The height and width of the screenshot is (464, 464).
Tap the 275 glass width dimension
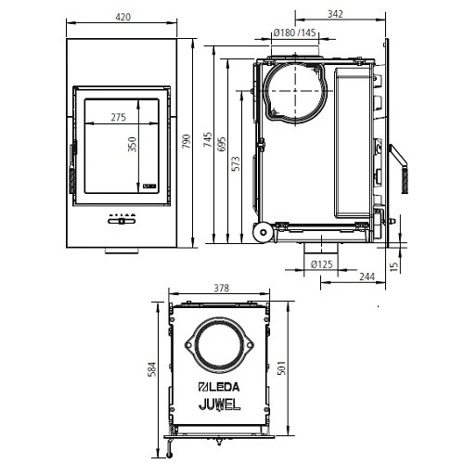pyautogui.click(x=118, y=117)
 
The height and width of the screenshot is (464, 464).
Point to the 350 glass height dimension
pyautogui.click(x=133, y=146)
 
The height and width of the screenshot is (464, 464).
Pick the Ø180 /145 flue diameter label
pyautogui.click(x=294, y=34)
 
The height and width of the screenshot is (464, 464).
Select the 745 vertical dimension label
pyautogui.click(x=209, y=139)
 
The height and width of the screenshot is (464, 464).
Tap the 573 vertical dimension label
pyautogui.click(x=238, y=163)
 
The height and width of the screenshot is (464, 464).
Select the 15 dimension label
pyautogui.click(x=394, y=266)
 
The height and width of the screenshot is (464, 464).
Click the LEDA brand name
pyautogui.click(x=220, y=387)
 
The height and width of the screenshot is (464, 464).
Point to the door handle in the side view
pyautogui.click(x=401, y=172)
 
